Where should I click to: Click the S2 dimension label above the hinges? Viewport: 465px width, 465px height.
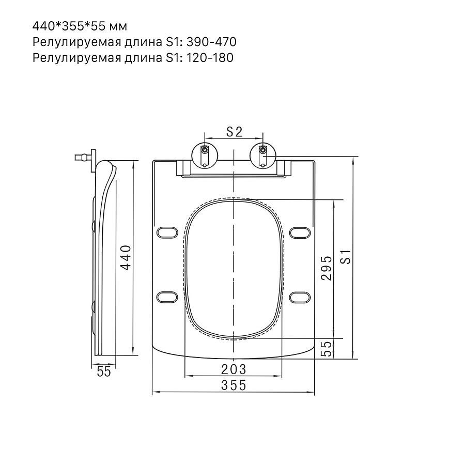click(x=234, y=132)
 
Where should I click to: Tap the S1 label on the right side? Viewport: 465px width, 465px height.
click(x=346, y=257)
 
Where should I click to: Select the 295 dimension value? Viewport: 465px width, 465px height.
click(x=327, y=268)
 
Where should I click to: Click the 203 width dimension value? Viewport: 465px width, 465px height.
click(x=234, y=369)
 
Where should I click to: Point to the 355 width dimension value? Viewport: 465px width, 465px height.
click(x=234, y=385)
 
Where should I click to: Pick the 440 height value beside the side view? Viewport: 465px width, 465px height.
click(x=126, y=257)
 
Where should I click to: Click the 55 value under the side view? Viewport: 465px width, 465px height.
click(x=104, y=371)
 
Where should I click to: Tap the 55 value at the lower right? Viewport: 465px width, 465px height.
click(x=327, y=349)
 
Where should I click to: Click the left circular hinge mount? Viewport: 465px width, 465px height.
click(x=205, y=156)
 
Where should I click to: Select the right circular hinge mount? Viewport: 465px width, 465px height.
click(x=263, y=156)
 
